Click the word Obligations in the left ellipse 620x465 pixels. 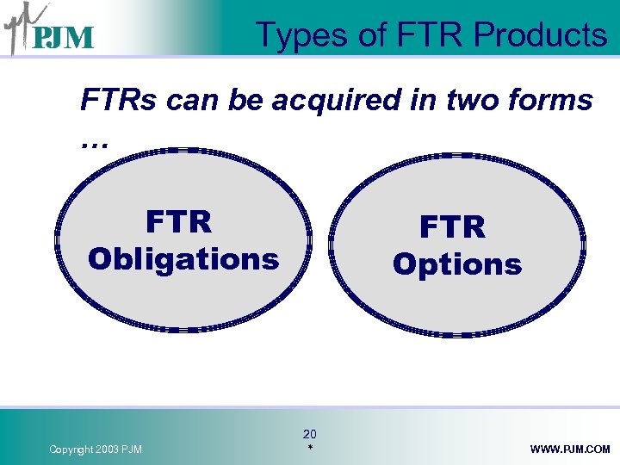[183, 258]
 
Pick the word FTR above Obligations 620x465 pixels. [179, 222]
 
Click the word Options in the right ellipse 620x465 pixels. [456, 264]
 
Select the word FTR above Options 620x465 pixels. [453, 228]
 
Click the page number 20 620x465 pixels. [310, 434]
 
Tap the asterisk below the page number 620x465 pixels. [309, 449]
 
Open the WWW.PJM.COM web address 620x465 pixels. [570, 449]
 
